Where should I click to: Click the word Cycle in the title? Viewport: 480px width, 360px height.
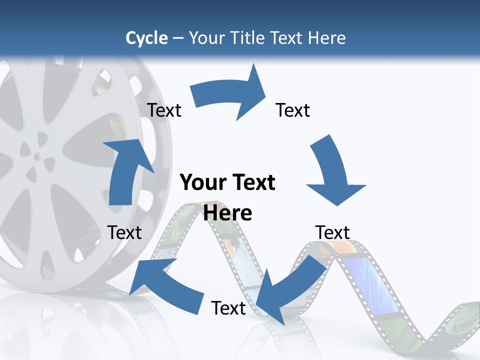146,38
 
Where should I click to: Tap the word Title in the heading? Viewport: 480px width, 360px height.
248,38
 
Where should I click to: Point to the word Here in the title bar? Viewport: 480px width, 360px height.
327,38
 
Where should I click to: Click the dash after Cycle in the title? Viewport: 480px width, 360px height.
178,38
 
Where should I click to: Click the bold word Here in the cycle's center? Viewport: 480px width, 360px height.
228,213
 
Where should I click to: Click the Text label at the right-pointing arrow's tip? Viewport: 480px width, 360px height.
293,110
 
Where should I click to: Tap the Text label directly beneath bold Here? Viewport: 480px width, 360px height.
228,308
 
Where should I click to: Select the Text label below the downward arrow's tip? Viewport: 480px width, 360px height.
332,232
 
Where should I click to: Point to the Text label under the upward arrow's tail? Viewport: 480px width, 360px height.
124,232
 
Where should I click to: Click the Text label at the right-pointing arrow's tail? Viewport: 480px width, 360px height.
164,110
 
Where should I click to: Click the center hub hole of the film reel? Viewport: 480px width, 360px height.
37,156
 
